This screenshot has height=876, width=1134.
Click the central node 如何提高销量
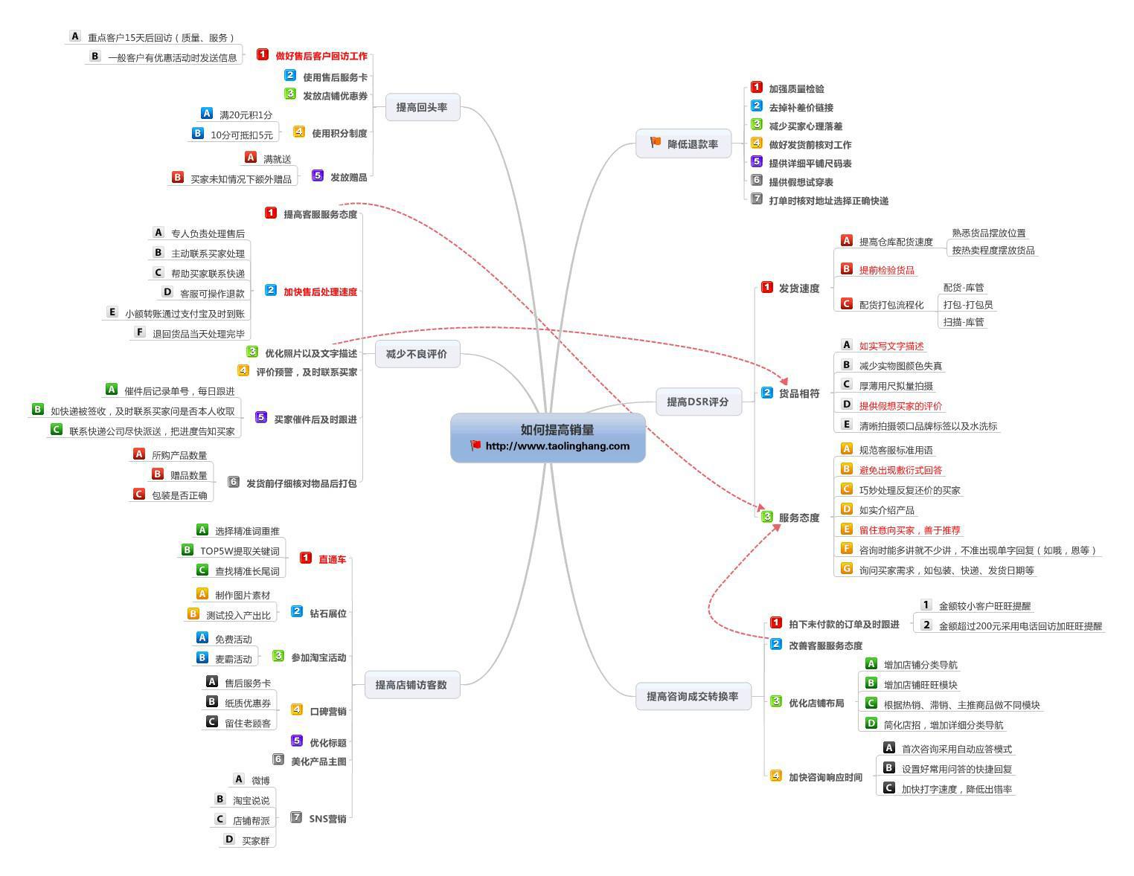coord(548,437)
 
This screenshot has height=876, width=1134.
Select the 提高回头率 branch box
coord(423,107)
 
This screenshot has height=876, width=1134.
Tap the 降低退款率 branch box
coord(683,144)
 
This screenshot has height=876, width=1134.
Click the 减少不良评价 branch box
coord(417,353)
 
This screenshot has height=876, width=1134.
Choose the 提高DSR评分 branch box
coord(698,402)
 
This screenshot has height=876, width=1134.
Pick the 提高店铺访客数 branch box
coord(412,685)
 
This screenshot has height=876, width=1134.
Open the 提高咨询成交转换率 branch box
coord(693,696)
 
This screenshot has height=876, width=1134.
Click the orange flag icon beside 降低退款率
coord(656,142)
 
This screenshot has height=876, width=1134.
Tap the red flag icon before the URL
coord(475,445)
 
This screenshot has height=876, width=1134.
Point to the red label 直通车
coord(333,559)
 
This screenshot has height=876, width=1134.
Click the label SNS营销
coord(327,819)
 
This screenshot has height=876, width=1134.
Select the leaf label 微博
coord(261,780)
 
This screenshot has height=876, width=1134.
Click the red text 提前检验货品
coord(887,270)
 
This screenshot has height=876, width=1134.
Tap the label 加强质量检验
coord(796,88)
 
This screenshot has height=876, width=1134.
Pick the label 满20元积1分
coord(246,115)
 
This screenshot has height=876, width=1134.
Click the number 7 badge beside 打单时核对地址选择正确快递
coord(757,199)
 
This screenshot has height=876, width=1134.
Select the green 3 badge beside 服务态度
coord(766,516)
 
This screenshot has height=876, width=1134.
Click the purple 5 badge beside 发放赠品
coord(317,175)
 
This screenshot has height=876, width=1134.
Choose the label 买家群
coord(256,840)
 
